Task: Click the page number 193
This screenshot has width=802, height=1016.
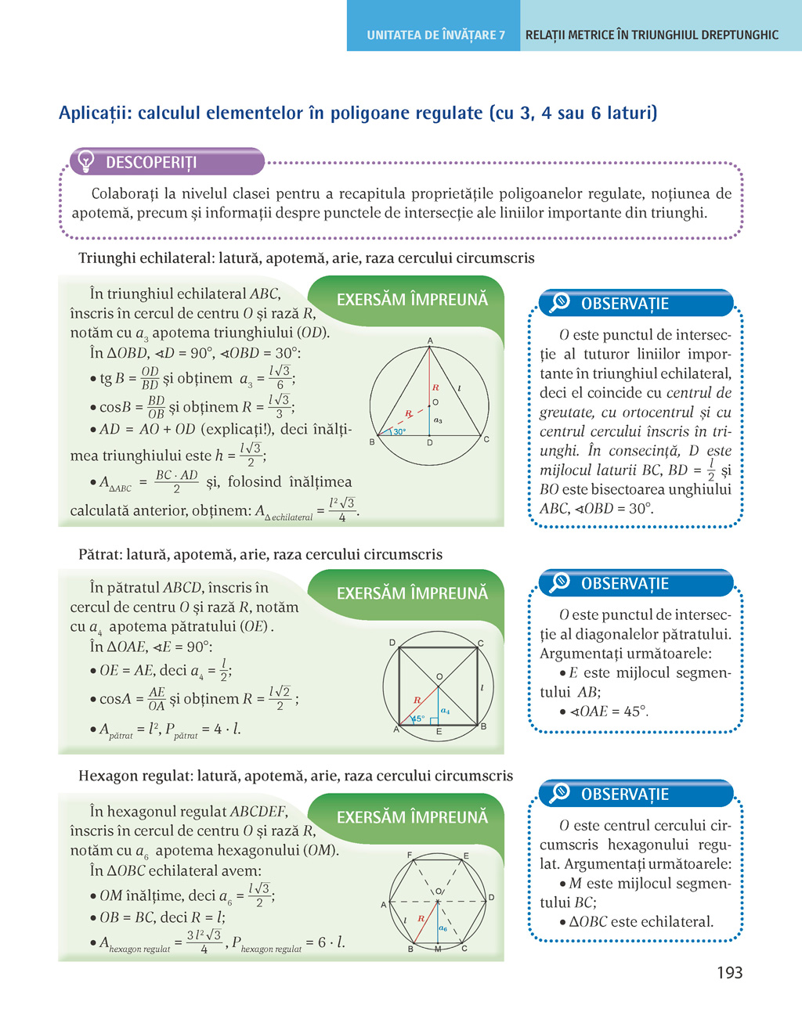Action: click(x=729, y=973)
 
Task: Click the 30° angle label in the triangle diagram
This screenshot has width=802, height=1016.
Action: click(x=399, y=432)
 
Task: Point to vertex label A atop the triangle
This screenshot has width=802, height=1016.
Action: click(x=430, y=340)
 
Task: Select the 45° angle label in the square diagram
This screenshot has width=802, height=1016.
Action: click(x=418, y=719)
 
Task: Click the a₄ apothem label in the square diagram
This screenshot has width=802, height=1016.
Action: click(x=445, y=711)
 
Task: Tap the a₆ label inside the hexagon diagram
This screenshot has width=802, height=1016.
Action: click(x=443, y=928)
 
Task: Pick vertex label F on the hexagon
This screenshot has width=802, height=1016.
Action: click(x=410, y=855)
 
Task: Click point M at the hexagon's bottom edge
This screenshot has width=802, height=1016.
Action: click(x=438, y=949)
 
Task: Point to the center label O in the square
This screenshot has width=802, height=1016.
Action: click(x=439, y=676)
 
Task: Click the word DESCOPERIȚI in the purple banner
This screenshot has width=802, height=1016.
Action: click(x=151, y=163)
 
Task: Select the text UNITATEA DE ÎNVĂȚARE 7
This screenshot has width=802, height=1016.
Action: click(x=435, y=35)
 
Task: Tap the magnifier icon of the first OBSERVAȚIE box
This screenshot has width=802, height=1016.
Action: click(x=560, y=303)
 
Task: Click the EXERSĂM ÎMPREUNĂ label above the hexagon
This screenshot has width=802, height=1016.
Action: click(x=412, y=817)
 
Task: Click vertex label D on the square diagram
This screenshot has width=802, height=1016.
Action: click(x=392, y=643)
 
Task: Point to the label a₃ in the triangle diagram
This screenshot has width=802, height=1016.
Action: click(x=438, y=420)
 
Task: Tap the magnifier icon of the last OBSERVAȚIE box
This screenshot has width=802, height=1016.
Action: click(x=560, y=793)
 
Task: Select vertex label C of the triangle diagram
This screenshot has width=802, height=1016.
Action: click(x=486, y=439)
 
